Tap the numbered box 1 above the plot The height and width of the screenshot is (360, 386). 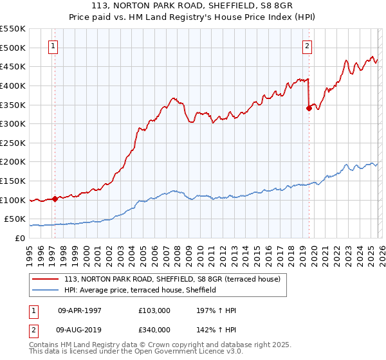pos(52,46)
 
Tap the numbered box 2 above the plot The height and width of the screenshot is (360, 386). pos(308,46)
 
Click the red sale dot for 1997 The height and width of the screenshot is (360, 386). pos(55,199)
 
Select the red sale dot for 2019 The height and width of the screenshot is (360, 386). pos(309,108)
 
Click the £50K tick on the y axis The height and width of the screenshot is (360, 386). pos(15,219)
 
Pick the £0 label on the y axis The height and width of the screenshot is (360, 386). pos(20,239)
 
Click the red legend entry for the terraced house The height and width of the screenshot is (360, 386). pos(172,280)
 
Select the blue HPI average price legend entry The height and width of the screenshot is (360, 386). pos(140,291)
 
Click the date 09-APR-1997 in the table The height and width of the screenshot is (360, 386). pos(79,310)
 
